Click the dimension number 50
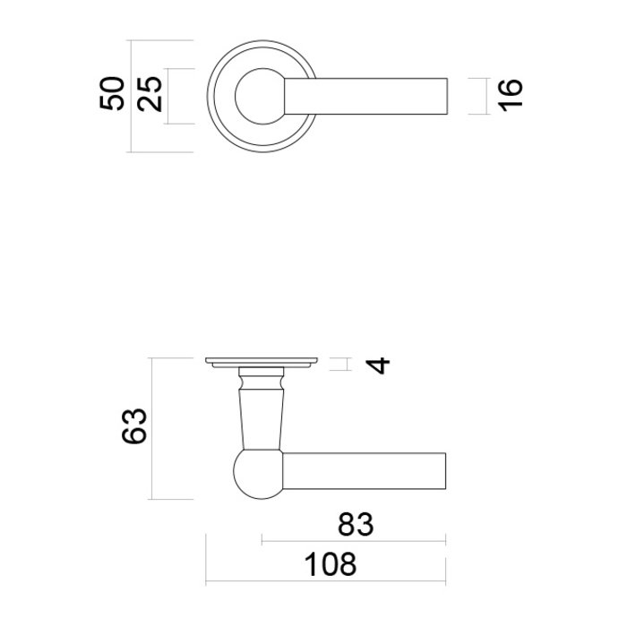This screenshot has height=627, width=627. (112, 94)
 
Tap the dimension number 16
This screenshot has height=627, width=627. (507, 94)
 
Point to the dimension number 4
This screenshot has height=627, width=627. (381, 365)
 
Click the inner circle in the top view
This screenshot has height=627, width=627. (258, 94)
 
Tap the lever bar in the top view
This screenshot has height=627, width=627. (376, 94)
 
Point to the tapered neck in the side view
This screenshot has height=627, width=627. (261, 412)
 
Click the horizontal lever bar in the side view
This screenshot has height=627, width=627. (367, 473)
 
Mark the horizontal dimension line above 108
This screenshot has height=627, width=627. (326, 582)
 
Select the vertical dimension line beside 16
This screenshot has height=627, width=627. (485, 94)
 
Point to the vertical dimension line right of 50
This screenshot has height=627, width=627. (131, 94)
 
